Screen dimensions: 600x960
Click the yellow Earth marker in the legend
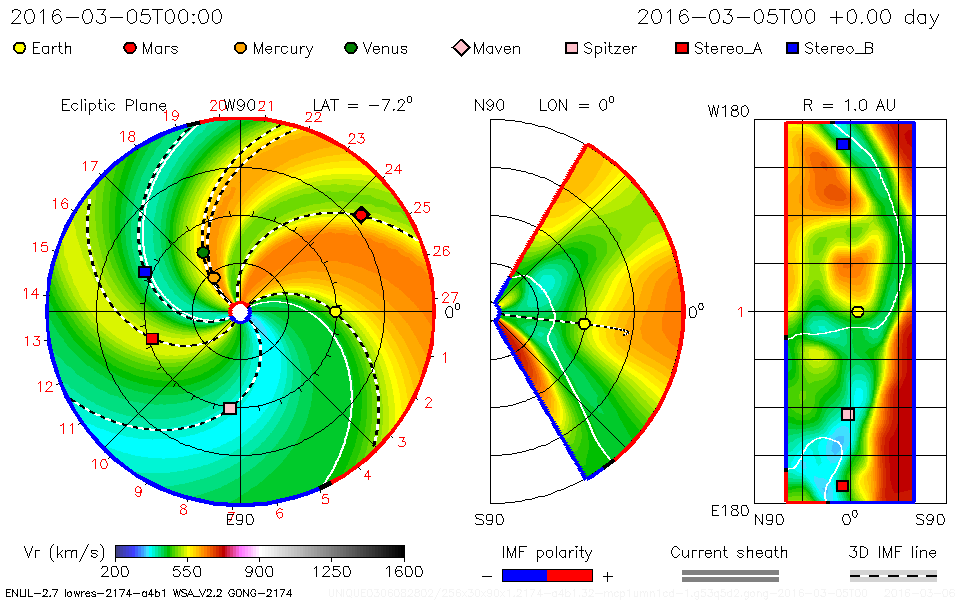[x=20, y=48]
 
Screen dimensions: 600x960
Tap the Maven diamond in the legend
[x=461, y=48]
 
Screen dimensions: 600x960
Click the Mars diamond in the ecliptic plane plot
[x=362, y=214]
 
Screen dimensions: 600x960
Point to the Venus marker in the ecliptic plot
[x=204, y=252]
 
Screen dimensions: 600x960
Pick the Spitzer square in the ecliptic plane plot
[x=230, y=408]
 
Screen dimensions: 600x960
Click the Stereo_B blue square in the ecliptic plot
[x=145, y=272]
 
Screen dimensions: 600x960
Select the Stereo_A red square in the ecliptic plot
[x=152, y=339]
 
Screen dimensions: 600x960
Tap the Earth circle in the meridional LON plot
[x=584, y=323]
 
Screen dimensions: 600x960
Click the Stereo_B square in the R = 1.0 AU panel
[x=843, y=144]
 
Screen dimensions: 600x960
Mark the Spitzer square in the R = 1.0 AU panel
[x=848, y=414]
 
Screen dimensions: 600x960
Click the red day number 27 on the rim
[x=449, y=297]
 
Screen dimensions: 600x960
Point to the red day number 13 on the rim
[x=32, y=340]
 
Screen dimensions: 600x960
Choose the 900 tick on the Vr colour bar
[x=260, y=571]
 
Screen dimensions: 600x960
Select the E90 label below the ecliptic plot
[x=240, y=520]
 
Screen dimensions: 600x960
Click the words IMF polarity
[x=547, y=553]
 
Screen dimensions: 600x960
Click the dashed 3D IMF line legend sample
[x=893, y=575]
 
